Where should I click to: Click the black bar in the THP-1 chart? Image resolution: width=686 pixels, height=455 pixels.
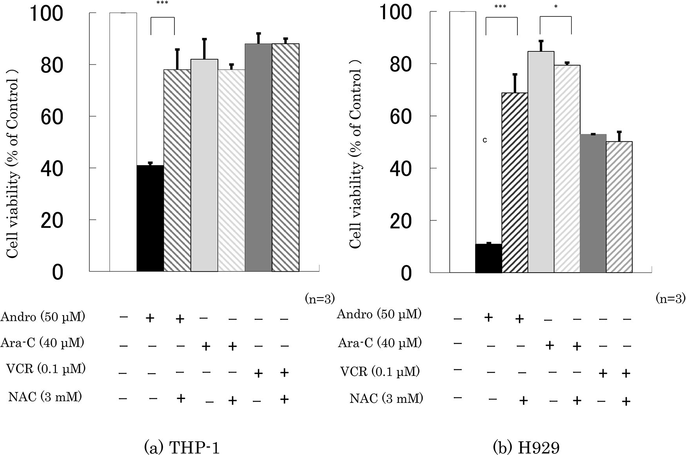click(150, 218)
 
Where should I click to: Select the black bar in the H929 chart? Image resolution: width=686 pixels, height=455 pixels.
click(488, 258)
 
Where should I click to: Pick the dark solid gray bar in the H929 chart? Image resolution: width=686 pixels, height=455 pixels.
click(593, 203)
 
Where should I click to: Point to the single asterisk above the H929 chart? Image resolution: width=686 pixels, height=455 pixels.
click(556, 7)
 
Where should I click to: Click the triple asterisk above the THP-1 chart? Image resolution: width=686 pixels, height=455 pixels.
click(162, 4)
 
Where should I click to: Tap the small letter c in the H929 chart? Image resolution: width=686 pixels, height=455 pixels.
click(485, 140)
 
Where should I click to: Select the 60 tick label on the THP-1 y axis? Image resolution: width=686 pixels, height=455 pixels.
click(52, 117)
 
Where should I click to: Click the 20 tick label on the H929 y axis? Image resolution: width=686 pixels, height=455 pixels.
click(401, 221)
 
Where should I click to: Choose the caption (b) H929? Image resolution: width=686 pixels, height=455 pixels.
click(526, 447)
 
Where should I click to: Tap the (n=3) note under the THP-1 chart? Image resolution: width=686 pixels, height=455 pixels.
click(320, 299)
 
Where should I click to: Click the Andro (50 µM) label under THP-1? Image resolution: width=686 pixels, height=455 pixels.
click(43, 317)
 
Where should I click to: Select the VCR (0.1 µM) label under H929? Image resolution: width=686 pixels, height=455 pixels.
click(380, 371)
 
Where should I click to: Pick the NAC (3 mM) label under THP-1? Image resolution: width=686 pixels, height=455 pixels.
click(45, 397)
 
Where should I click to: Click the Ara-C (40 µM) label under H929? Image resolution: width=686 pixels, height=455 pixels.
click(380, 343)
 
